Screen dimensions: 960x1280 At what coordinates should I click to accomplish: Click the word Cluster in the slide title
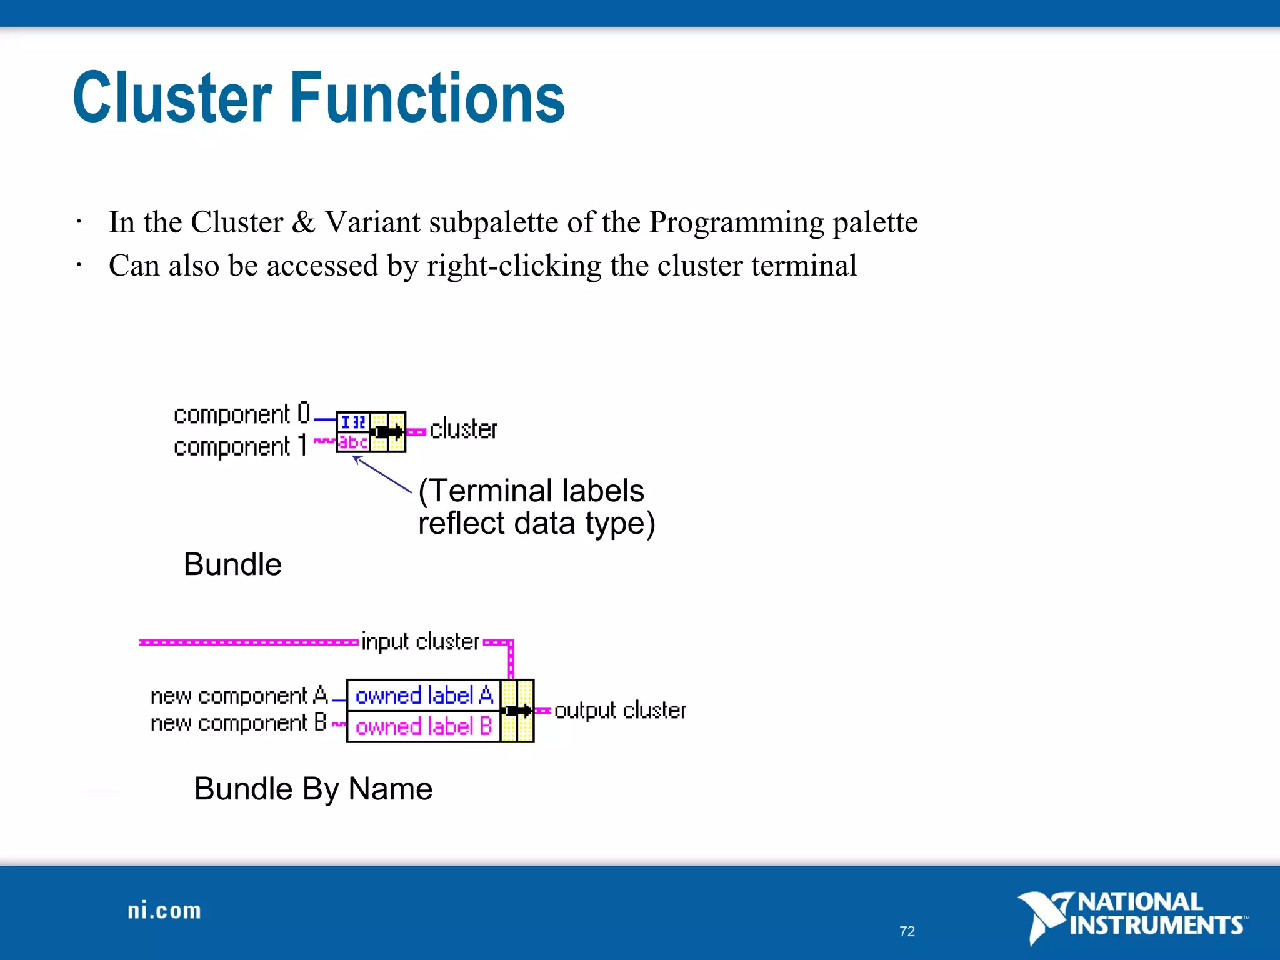(x=172, y=98)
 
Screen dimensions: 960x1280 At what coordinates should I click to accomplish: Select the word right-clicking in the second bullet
(x=514, y=266)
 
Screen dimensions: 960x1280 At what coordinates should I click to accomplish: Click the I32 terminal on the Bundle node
(x=353, y=422)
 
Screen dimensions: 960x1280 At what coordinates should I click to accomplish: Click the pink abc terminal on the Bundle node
(x=353, y=442)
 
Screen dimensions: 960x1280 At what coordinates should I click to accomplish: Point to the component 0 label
(x=242, y=414)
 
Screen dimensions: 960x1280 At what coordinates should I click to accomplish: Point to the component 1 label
(x=240, y=446)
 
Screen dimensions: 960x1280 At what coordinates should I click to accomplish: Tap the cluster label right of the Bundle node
(x=463, y=429)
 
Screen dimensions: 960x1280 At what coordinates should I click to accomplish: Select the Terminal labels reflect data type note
(x=536, y=507)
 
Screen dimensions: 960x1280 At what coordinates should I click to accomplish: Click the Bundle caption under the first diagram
(x=232, y=564)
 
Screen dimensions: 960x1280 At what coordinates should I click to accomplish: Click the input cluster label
(x=420, y=642)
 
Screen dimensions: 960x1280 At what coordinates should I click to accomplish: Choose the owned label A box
(x=424, y=695)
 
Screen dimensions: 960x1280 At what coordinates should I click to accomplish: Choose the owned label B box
(x=424, y=727)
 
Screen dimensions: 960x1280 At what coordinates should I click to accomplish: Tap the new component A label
(x=239, y=696)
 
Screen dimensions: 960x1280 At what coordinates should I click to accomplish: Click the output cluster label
(x=619, y=711)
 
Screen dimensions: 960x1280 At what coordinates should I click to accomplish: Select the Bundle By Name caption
(x=313, y=789)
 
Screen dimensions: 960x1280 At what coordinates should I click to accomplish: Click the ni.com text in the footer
(x=164, y=911)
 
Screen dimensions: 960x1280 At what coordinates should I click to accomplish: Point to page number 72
(x=907, y=931)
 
